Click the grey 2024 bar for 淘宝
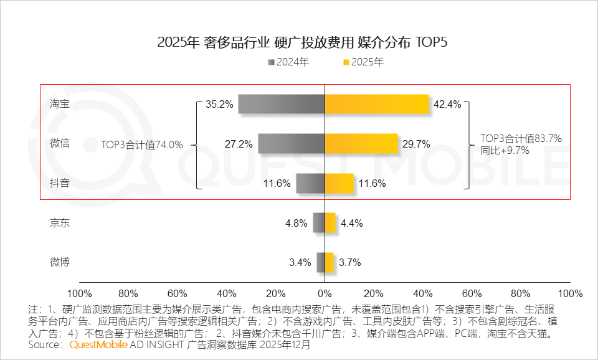point(281,104)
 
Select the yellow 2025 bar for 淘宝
point(377,104)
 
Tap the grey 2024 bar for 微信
point(291,144)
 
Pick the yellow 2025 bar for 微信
point(361,144)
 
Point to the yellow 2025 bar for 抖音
point(339,183)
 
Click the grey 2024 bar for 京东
point(318,223)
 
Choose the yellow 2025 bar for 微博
point(329,262)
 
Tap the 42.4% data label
point(447,105)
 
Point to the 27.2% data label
point(239,144)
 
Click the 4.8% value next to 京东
point(297,223)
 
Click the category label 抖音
point(60,183)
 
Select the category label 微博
point(60,262)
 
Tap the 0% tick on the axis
point(325,293)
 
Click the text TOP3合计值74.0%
point(142,144)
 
